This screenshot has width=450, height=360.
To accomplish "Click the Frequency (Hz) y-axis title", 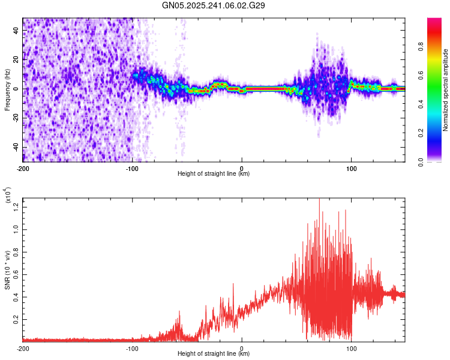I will (x=7, y=90).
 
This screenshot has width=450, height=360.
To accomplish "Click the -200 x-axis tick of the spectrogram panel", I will (x=23, y=168).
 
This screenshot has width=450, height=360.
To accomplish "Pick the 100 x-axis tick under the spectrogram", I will (x=351, y=168).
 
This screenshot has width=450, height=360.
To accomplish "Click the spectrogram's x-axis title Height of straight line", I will (x=214, y=174).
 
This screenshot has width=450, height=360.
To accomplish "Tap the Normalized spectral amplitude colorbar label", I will (x=445, y=90).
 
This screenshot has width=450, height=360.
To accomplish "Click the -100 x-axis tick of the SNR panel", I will (x=132, y=348).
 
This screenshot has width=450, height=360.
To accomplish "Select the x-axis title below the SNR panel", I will (x=214, y=354).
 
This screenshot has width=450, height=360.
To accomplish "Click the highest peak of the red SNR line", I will (x=319, y=199).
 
